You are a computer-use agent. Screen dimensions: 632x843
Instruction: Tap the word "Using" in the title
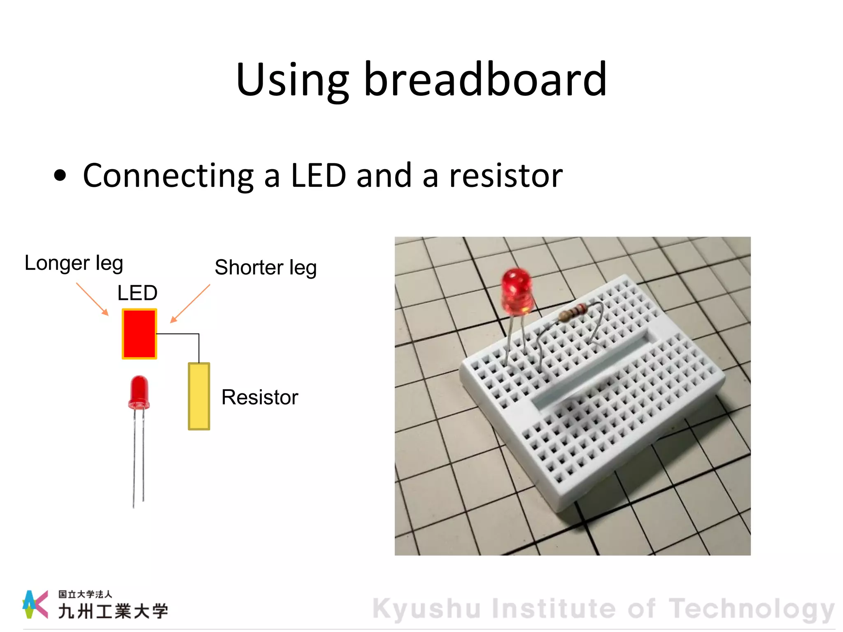(292, 80)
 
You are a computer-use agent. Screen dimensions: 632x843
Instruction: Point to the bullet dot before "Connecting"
(60, 175)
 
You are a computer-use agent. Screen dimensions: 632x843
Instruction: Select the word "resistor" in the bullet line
(505, 176)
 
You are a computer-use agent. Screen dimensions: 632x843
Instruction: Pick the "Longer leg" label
(74, 263)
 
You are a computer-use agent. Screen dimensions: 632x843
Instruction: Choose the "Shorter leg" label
(265, 268)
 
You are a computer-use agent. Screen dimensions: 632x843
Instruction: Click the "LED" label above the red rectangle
(137, 293)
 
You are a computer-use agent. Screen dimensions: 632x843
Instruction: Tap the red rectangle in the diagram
(140, 334)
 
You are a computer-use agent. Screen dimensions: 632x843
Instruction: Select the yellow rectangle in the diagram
(199, 396)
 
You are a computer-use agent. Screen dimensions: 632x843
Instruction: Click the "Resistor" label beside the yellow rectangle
(260, 397)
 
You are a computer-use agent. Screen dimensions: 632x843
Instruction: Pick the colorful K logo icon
(35, 604)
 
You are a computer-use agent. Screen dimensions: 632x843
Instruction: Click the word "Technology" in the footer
(752, 609)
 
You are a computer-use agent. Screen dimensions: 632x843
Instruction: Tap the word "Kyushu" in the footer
(426, 609)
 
